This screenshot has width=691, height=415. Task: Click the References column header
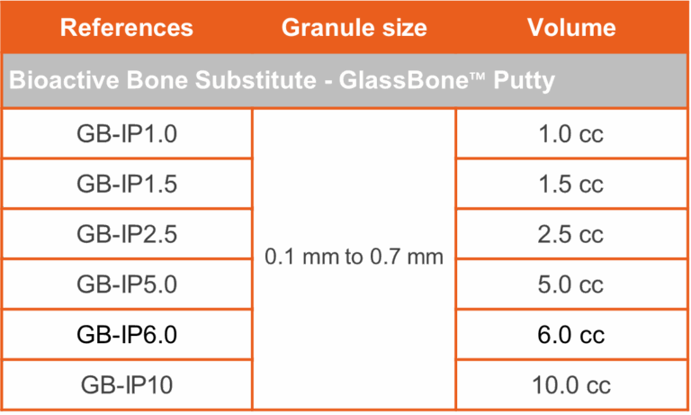[127, 27]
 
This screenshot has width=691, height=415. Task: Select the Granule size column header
[354, 27]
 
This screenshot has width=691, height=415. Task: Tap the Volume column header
[571, 27]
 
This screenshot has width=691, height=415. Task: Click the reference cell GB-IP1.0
[127, 133]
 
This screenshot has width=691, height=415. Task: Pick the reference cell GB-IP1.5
[127, 184]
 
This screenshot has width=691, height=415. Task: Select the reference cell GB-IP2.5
[127, 234]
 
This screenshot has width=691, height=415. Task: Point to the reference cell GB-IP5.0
[127, 284]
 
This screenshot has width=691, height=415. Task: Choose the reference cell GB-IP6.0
[127, 335]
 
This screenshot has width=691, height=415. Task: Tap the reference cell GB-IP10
[127, 385]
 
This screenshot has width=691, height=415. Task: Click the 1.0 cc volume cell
[571, 133]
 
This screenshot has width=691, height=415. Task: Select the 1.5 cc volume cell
[571, 184]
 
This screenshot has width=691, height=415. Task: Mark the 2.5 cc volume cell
[570, 234]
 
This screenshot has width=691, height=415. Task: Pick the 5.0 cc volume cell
[570, 284]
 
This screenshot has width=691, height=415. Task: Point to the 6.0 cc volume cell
[570, 335]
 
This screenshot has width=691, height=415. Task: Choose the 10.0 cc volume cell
[571, 385]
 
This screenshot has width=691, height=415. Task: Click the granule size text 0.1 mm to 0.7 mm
[354, 257]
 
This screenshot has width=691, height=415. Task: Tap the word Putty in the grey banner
[524, 81]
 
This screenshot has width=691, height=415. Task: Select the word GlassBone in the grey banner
[403, 80]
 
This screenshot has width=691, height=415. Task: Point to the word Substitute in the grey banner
[256, 80]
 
